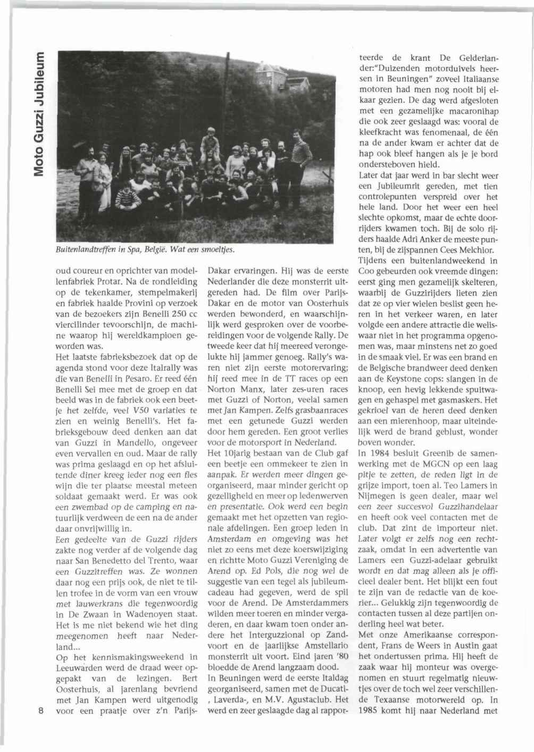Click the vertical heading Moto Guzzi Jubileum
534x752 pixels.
click(x=38, y=114)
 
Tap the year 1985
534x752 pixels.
click(x=369, y=710)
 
